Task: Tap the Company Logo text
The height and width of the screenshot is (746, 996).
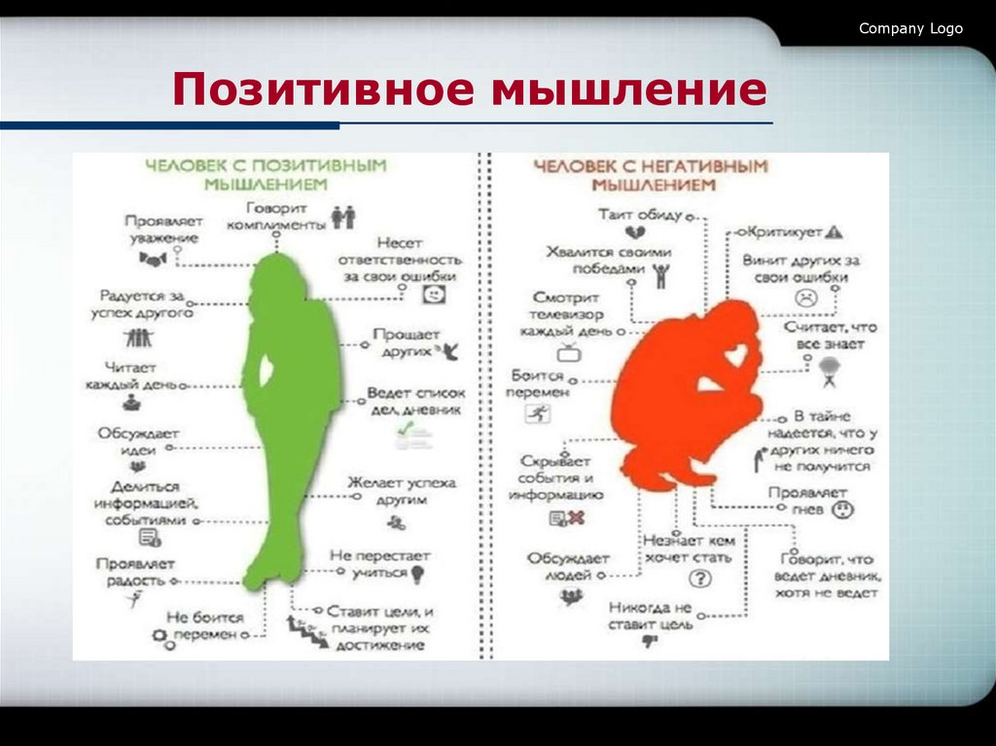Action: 910,28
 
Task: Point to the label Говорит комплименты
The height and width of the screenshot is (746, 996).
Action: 276,216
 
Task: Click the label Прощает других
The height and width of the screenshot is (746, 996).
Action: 406,342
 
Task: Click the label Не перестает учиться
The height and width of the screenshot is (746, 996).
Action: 378,564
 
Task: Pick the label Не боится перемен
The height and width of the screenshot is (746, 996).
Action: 203,625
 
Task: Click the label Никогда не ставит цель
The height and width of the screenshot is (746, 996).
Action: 650,616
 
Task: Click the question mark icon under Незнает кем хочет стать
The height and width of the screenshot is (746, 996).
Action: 698,580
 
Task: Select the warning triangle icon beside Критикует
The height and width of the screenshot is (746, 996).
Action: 834,232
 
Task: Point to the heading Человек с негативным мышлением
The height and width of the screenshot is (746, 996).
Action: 651,174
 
